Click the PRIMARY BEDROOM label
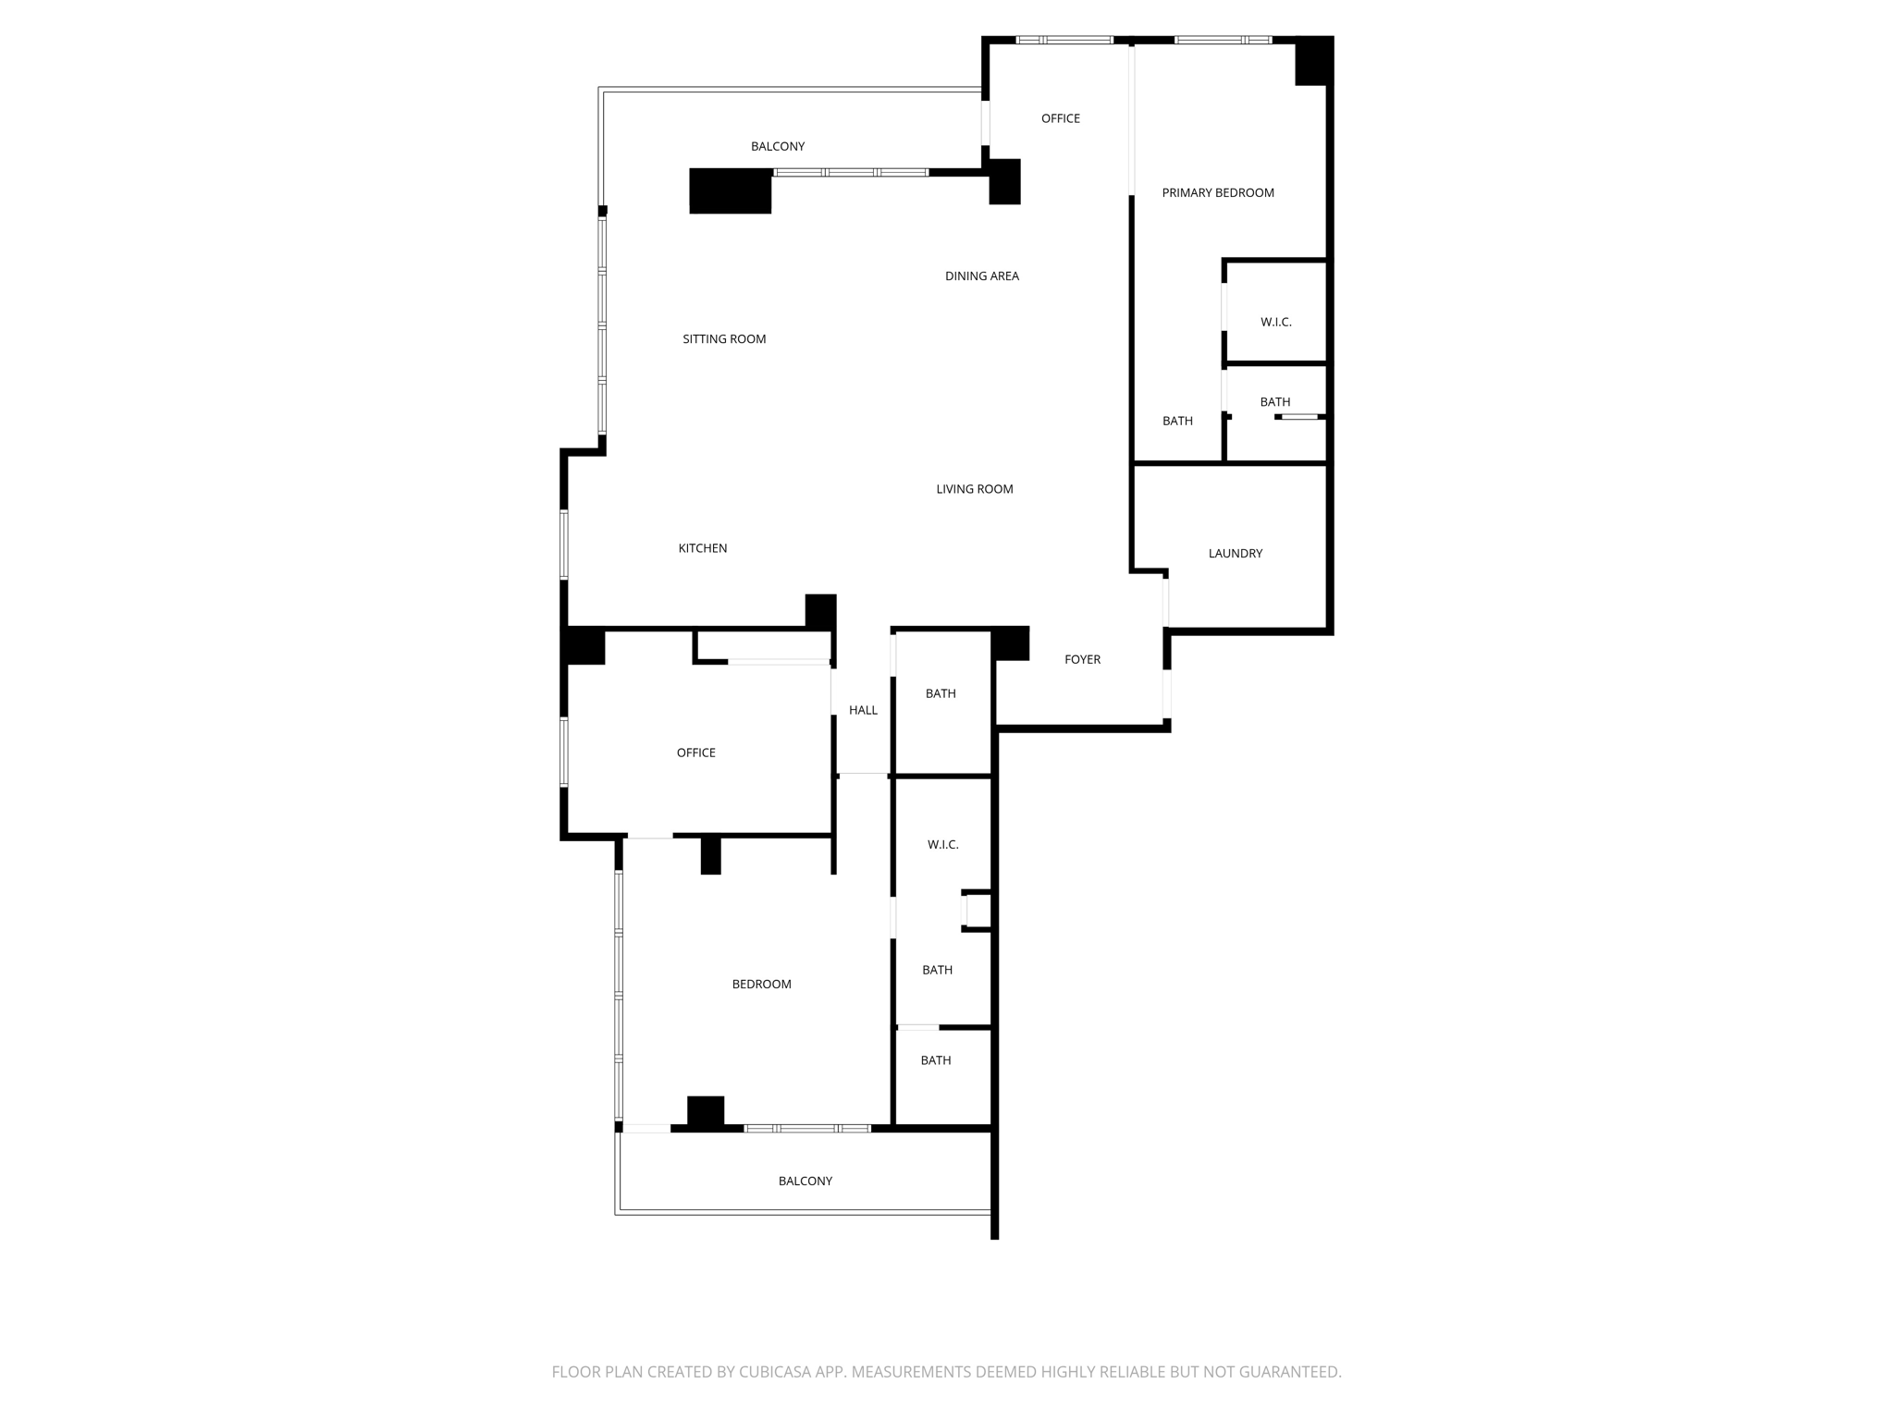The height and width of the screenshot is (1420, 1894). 1217,192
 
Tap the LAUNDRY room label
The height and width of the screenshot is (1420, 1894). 1235,553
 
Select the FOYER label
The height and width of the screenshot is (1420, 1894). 1082,659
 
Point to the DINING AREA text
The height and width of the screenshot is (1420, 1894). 981,275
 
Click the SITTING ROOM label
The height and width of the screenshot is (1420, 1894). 724,339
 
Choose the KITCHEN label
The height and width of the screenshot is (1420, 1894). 702,548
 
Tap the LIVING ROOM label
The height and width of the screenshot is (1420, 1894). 974,489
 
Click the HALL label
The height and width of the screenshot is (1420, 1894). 863,710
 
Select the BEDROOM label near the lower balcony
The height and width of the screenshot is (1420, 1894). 761,984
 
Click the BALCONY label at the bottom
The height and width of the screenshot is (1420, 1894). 805,1181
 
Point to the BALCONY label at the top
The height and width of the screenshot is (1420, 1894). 777,146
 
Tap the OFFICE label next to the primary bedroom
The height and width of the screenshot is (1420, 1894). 1060,118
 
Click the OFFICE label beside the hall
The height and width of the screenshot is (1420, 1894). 695,753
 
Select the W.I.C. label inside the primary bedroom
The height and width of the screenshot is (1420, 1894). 1275,322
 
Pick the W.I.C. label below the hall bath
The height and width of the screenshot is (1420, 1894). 942,844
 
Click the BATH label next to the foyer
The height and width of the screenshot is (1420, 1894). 941,693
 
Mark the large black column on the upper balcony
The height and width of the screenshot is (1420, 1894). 730,191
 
